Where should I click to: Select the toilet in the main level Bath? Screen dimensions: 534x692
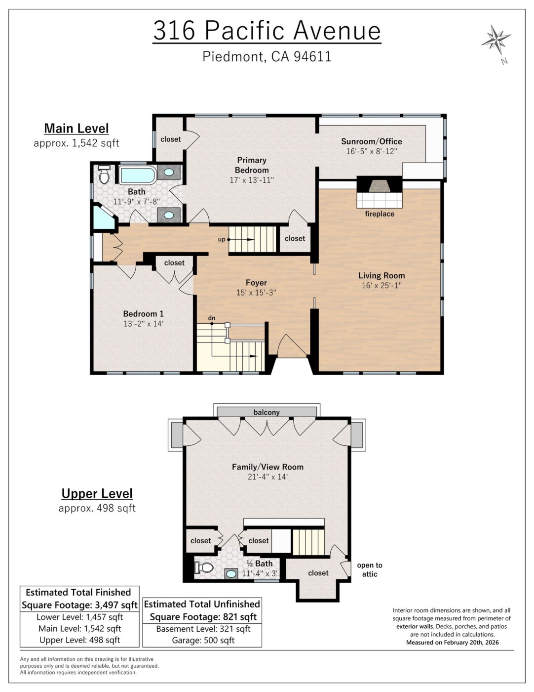pos(104,174)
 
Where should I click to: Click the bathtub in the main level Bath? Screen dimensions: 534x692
pos(138,175)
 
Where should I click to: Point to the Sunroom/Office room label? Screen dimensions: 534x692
pos(372,141)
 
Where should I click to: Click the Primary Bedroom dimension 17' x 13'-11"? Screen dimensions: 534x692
pos(252,180)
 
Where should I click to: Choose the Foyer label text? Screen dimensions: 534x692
pos(256,282)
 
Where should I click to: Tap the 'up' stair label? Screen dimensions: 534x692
pos(222,239)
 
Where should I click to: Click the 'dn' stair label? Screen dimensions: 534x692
pos(212,318)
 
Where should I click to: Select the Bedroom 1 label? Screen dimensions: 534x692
pos(143,314)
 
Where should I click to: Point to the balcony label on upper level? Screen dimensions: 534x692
pos(267,412)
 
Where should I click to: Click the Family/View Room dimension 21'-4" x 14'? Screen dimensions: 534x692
pos(267,476)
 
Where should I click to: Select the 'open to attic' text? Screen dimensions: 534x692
pos(370,570)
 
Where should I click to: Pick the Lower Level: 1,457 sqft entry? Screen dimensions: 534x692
pos(79,617)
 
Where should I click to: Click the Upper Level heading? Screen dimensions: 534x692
pos(97,493)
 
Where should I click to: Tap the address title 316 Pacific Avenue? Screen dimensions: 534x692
pos(267,30)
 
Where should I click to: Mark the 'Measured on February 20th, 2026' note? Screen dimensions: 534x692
pos(453,642)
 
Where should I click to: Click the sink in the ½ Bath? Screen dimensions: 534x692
pos(231,574)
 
